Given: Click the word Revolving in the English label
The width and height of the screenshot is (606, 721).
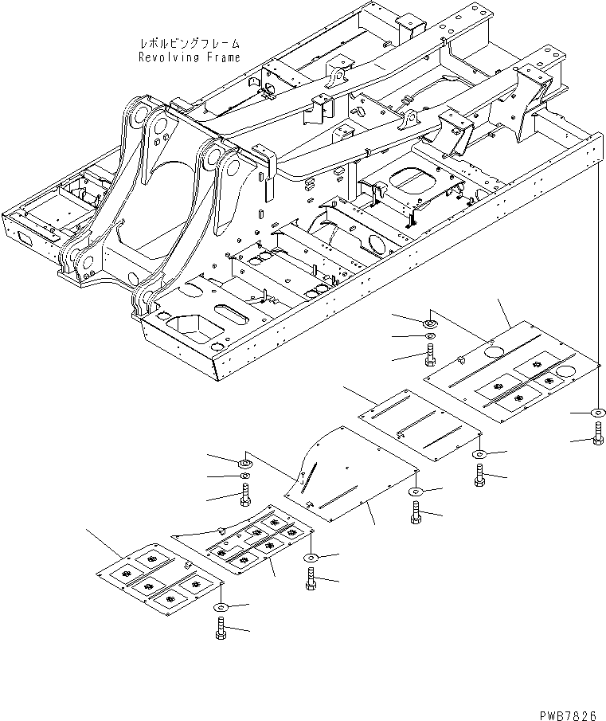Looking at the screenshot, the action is coord(169,57).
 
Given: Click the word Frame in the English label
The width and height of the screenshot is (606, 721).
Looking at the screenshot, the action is coord(223,57).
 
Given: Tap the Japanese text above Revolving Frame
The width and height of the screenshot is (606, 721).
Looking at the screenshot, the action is coord(190,44).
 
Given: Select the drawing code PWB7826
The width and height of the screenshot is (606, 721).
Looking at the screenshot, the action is coord(568,715).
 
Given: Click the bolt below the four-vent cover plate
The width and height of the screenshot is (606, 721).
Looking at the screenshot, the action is coord(220,628).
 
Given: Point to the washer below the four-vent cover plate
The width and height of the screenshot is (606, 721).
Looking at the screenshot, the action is coord(221,607).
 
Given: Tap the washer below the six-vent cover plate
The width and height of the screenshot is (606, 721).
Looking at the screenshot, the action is coord(311,558).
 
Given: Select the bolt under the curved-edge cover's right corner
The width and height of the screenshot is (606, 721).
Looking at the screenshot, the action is coord(416,513).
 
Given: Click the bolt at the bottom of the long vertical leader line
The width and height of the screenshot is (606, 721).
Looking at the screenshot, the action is coord(598,433).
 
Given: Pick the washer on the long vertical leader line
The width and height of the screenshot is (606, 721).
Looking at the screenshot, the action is coord(598,412).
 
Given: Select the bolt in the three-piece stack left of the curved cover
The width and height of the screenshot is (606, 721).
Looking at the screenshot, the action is coord(245,495).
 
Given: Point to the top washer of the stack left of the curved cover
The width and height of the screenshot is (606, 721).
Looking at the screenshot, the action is coord(245,462).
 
